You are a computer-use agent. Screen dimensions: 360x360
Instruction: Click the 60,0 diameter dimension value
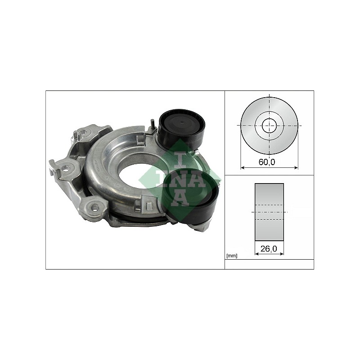(266, 162)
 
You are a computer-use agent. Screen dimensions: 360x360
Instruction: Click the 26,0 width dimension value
(269, 248)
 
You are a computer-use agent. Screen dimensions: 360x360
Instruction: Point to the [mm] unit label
(232, 256)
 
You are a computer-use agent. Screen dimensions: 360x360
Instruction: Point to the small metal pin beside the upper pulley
(152, 125)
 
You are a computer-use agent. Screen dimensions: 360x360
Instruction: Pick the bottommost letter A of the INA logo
(180, 198)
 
